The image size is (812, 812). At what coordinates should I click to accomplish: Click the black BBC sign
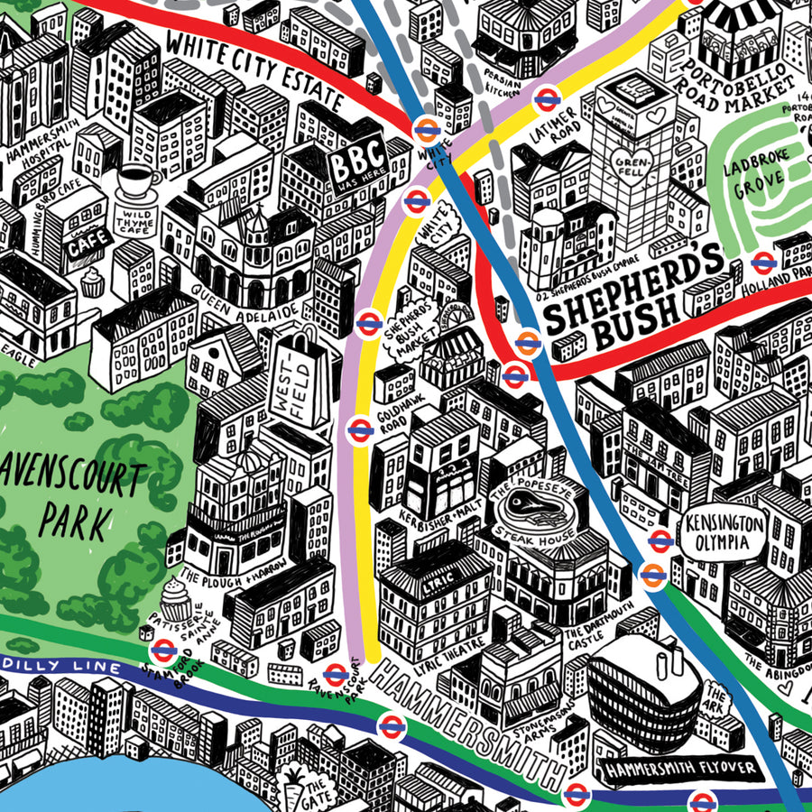coord(354,169)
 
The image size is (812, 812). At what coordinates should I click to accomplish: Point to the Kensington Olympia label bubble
coord(724,532)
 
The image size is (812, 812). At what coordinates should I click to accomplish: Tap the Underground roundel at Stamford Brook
coord(163,650)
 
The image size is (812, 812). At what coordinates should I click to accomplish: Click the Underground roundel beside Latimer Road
coord(545,98)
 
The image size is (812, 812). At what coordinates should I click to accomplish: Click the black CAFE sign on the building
coord(90,241)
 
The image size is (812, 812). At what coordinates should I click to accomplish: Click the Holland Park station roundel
coord(764,263)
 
